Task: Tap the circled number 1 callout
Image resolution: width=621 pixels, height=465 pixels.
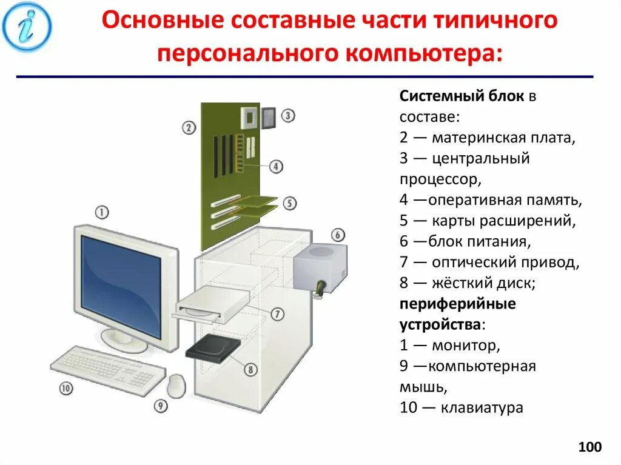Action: (x=102, y=212)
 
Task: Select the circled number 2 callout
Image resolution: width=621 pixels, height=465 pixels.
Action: (x=189, y=127)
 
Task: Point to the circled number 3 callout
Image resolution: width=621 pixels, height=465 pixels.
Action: (x=288, y=115)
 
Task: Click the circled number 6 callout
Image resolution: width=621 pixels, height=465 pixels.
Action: (x=338, y=235)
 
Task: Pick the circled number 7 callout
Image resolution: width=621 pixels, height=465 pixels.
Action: (x=277, y=314)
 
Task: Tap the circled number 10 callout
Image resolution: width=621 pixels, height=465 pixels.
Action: (x=66, y=388)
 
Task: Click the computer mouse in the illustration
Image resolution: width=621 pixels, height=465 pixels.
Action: (x=176, y=385)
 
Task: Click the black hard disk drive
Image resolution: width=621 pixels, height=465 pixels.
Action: (x=212, y=348)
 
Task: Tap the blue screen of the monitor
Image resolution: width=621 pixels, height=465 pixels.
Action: (x=122, y=285)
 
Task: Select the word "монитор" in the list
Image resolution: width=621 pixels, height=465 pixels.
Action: (x=466, y=346)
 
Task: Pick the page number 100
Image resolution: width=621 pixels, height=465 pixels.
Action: (x=589, y=447)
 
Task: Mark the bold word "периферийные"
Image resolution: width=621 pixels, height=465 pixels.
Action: (x=457, y=304)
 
